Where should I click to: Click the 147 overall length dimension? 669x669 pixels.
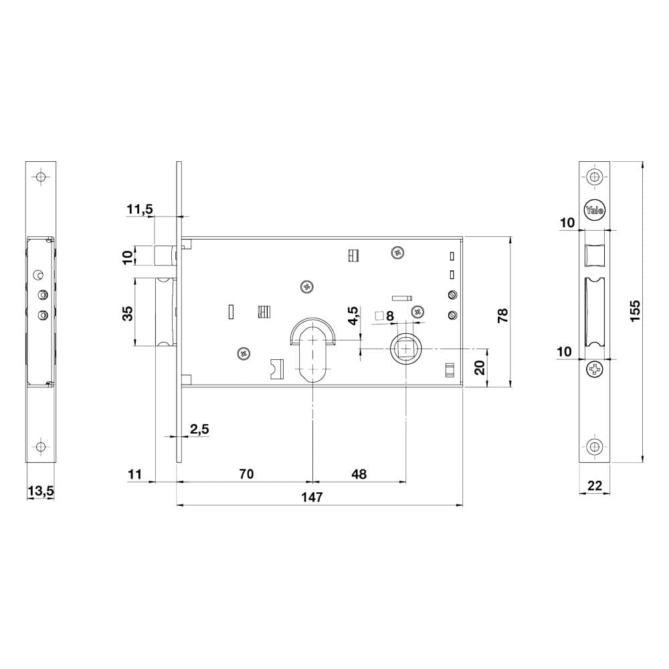click(x=312, y=498)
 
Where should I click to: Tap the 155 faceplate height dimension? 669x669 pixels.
click(x=635, y=311)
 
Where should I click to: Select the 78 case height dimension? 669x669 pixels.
click(x=503, y=315)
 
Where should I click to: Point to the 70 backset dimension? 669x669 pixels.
click(x=247, y=474)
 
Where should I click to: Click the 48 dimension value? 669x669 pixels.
click(x=359, y=474)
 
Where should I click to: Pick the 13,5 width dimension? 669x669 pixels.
click(x=41, y=491)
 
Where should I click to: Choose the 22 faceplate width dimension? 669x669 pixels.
click(x=594, y=486)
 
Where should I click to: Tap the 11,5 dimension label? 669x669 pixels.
click(x=140, y=209)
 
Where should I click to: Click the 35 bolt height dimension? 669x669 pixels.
click(x=127, y=313)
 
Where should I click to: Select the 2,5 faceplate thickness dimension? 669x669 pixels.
click(x=199, y=429)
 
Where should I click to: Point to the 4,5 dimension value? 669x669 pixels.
click(x=354, y=316)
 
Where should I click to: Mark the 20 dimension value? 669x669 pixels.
click(x=480, y=367)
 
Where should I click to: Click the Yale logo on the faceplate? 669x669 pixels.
click(x=594, y=210)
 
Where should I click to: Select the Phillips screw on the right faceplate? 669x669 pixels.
click(x=594, y=369)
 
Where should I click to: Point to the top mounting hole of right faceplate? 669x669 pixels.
click(x=594, y=177)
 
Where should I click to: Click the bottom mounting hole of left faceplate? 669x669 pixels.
click(x=41, y=447)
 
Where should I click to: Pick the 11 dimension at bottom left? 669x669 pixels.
click(x=134, y=474)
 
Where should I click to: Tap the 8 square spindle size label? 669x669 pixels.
click(x=389, y=316)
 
